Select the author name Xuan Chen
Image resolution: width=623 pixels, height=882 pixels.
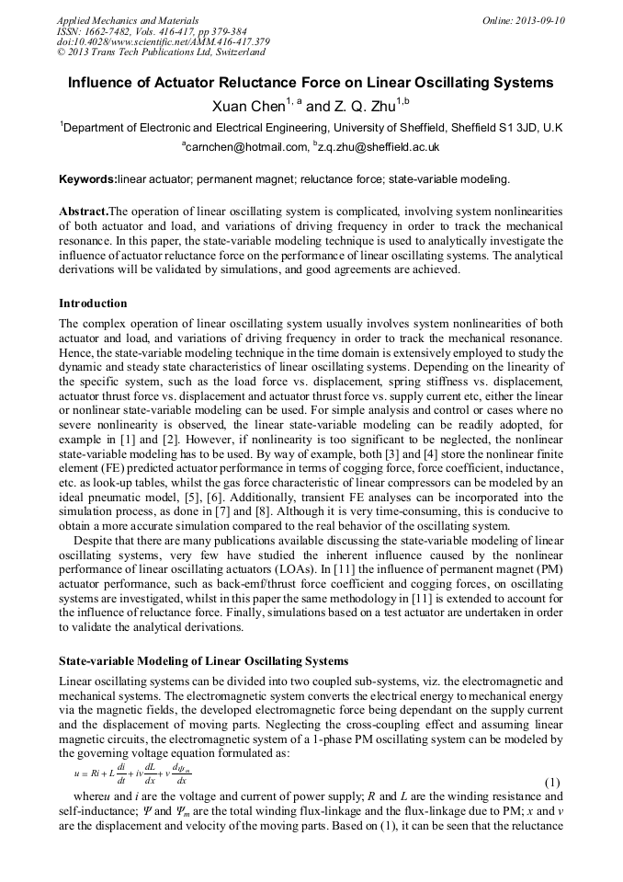[247, 108]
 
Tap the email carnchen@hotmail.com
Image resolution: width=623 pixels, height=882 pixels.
[244, 147]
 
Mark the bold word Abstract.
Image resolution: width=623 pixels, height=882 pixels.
[84, 211]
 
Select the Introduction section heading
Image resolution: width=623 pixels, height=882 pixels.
[93, 304]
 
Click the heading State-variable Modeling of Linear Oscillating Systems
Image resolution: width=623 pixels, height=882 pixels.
[203, 660]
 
